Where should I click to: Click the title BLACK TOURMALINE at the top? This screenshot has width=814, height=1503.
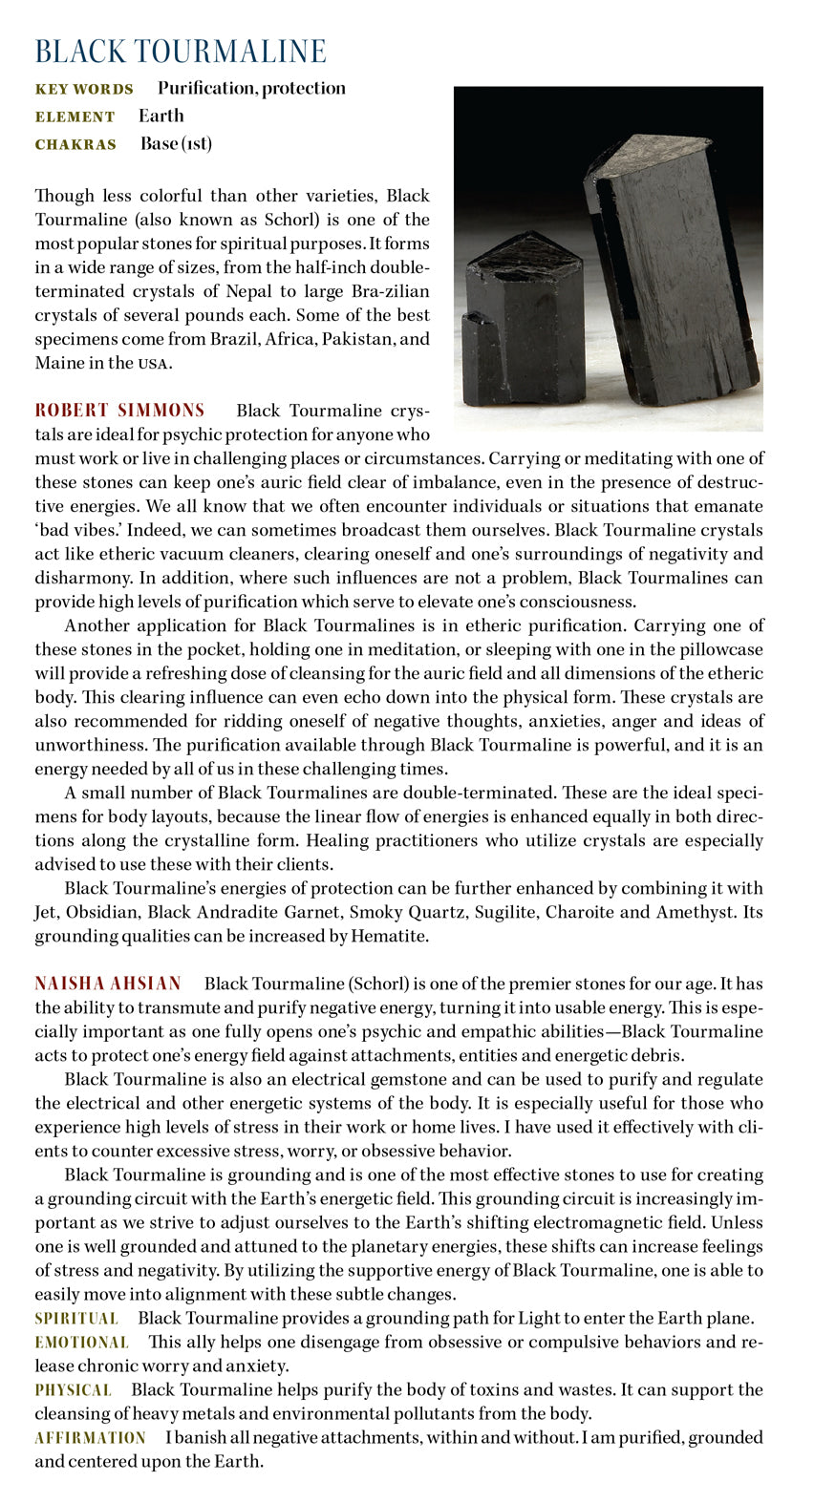pyautogui.click(x=181, y=52)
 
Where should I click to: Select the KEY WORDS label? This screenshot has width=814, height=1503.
pyautogui.click(x=84, y=90)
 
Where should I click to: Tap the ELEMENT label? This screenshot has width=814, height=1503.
pyautogui.click(x=75, y=117)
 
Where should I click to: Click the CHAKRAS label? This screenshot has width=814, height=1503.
pyautogui.click(x=75, y=145)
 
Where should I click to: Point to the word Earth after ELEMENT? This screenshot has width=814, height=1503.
pyautogui.click(x=161, y=116)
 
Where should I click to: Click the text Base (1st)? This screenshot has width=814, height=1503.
pyautogui.click(x=176, y=143)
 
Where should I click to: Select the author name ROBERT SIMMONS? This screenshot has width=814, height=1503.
pyautogui.click(x=119, y=411)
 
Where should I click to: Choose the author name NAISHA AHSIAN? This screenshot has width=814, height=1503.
pyautogui.click(x=108, y=984)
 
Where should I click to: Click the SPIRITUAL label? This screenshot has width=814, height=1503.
pyautogui.click(x=76, y=1319)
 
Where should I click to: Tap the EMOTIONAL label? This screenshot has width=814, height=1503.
pyautogui.click(x=81, y=1343)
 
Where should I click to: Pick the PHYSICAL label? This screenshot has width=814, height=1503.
pyautogui.click(x=73, y=1390)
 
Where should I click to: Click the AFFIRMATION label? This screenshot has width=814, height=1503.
pyautogui.click(x=90, y=1438)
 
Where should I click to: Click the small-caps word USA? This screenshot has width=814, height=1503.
pyautogui.click(x=155, y=364)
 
